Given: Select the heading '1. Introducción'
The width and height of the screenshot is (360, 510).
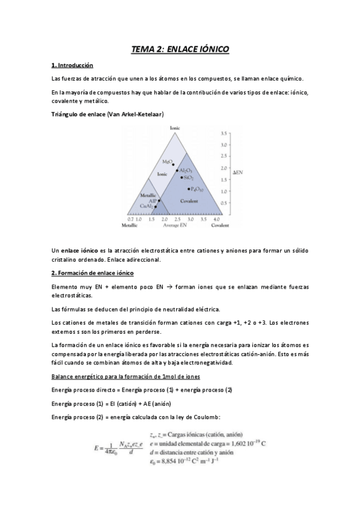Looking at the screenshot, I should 72,65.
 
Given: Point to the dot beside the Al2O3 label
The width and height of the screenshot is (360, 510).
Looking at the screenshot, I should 177,171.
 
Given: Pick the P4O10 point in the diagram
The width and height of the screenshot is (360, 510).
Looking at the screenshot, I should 189,189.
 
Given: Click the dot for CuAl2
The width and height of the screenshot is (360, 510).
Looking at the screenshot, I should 156,207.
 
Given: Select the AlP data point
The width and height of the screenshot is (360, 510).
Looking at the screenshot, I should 159,200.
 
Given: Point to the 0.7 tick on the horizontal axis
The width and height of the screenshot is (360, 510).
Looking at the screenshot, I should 130,220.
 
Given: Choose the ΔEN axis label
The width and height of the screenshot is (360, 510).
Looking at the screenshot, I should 237,173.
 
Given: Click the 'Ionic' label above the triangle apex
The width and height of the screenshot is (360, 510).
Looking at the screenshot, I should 175,127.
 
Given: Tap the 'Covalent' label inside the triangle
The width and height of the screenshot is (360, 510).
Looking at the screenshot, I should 189,201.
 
